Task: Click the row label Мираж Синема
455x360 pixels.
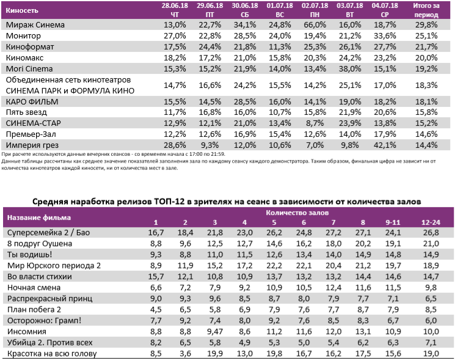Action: pos(31,25)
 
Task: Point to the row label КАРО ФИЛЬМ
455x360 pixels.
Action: pos(31,101)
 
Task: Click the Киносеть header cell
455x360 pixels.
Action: pos(21,10)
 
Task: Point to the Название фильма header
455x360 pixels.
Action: pos(38,217)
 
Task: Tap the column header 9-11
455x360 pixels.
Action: pos(394,222)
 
